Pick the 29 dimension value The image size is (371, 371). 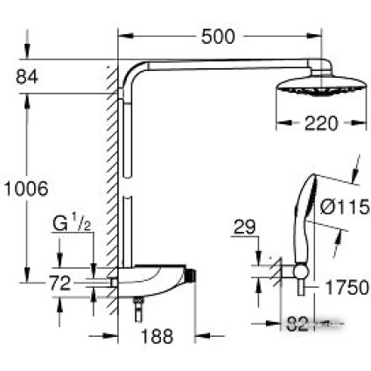pyautogui.click(x=247, y=229)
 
